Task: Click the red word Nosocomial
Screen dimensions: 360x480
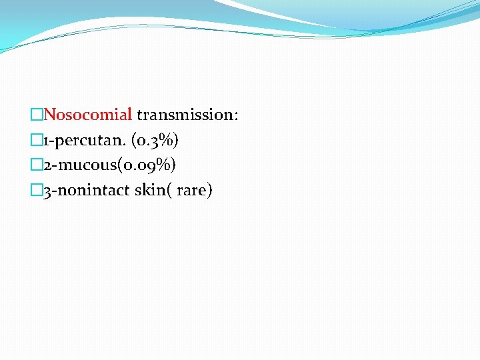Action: (x=87, y=115)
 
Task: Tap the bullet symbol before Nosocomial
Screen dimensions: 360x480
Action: (x=37, y=115)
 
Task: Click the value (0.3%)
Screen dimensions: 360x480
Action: (x=155, y=140)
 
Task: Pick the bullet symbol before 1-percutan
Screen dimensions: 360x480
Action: (x=37, y=141)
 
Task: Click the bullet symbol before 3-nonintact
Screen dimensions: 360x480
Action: (x=37, y=191)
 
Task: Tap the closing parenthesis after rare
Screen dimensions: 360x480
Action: (x=209, y=191)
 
